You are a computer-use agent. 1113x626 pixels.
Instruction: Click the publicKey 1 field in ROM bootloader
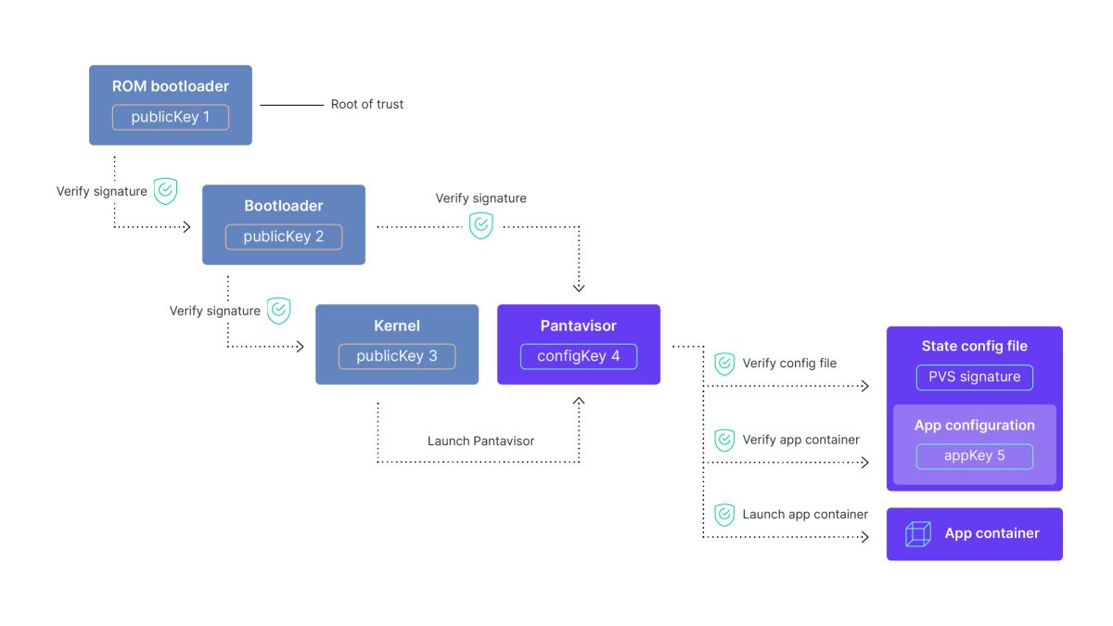click(170, 118)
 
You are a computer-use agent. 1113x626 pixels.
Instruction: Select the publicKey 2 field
click(283, 236)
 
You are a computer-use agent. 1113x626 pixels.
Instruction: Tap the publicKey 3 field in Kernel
click(396, 356)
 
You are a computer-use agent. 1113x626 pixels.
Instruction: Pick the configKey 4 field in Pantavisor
click(578, 356)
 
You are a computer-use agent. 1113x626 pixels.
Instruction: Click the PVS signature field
click(974, 377)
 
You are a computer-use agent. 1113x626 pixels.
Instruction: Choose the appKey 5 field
click(974, 455)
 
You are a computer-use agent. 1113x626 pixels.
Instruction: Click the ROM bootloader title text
click(170, 86)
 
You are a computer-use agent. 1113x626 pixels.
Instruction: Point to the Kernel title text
click(396, 326)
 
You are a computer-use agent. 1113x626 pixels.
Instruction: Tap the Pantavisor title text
click(578, 326)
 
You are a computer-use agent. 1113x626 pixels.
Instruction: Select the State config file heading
click(974, 346)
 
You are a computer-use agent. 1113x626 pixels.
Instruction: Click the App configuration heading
click(974, 425)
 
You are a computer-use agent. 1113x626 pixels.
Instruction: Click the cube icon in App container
click(917, 534)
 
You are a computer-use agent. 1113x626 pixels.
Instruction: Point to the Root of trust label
click(367, 105)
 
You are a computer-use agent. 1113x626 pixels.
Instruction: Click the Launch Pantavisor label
click(480, 441)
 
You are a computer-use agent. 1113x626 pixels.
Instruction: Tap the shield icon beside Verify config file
click(724, 364)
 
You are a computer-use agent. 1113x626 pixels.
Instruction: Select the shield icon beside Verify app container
click(724, 440)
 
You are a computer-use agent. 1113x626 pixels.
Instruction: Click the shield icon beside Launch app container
click(724, 515)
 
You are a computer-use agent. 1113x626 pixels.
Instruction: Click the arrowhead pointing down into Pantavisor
click(579, 287)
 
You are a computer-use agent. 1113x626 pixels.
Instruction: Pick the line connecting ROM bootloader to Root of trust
click(291, 105)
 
